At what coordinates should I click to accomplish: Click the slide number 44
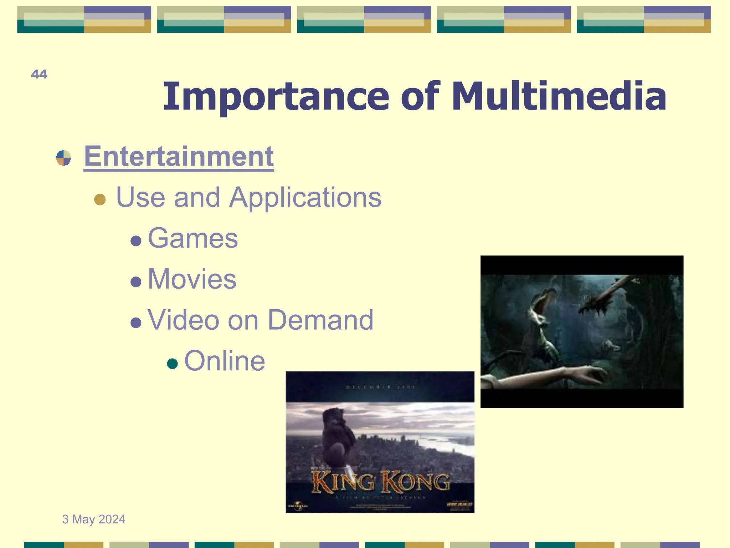click(39, 74)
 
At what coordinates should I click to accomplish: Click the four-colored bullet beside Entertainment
click(63, 158)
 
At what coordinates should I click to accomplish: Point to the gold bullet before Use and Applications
click(100, 199)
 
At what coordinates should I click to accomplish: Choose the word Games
click(192, 238)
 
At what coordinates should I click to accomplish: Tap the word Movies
click(192, 279)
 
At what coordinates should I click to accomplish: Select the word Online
click(224, 361)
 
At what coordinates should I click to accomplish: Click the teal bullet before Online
click(172, 364)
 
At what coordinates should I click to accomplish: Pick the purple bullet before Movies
click(136, 282)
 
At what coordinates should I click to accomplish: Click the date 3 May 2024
click(93, 519)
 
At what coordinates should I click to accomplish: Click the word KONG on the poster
click(415, 482)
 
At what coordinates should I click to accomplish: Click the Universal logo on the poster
click(298, 506)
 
